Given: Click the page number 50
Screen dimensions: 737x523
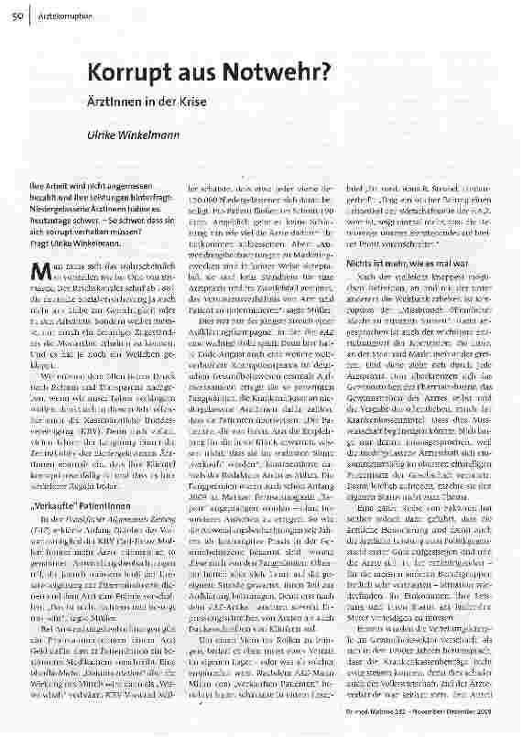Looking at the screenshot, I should (16, 9).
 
